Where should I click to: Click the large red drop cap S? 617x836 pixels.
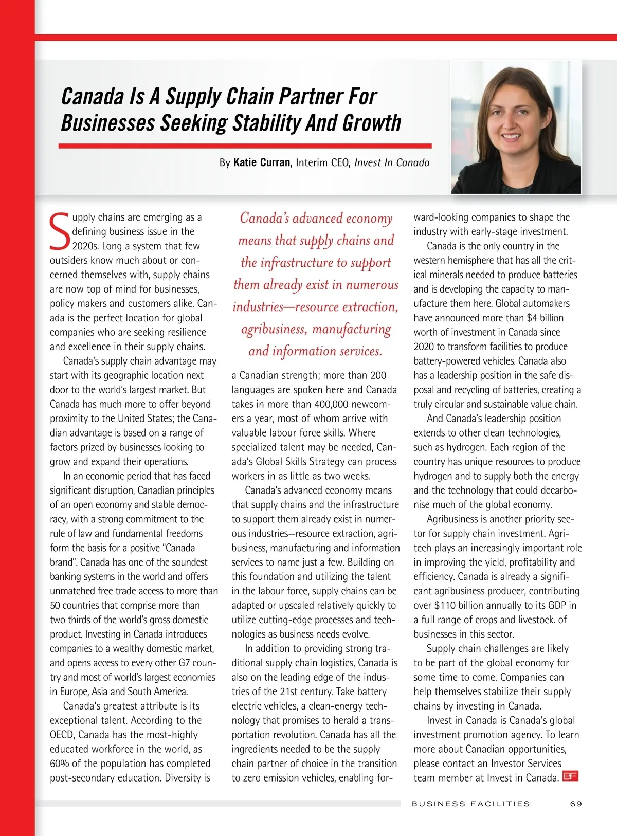click(x=60, y=230)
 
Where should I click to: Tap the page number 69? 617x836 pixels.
click(x=576, y=804)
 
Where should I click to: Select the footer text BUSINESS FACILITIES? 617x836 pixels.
click(x=470, y=804)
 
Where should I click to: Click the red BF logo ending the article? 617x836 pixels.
click(x=570, y=776)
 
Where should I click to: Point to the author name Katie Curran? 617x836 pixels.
click(x=262, y=162)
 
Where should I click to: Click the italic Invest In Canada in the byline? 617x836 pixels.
click(x=392, y=162)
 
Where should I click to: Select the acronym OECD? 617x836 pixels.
click(x=62, y=735)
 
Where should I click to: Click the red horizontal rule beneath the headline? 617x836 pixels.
click(x=245, y=146)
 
